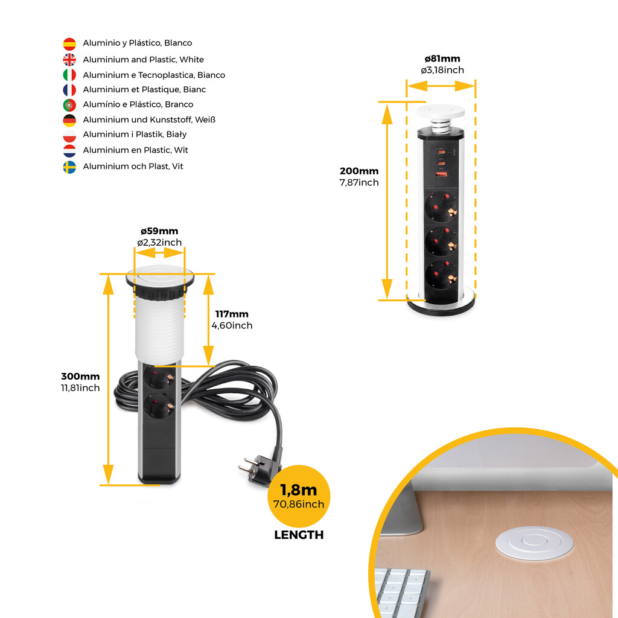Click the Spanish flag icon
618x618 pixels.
pyautogui.click(x=69, y=43)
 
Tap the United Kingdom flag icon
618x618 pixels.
pyautogui.click(x=69, y=60)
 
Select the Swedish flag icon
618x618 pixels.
pyautogui.click(x=69, y=167)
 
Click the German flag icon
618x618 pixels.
pyautogui.click(x=69, y=121)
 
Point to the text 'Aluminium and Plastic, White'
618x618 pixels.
pyautogui.click(x=144, y=60)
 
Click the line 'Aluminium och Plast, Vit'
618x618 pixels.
pyautogui.click(x=133, y=167)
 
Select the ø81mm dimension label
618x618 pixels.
pyautogui.click(x=442, y=59)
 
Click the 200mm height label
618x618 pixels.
pyautogui.click(x=359, y=171)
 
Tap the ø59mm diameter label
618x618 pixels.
pyautogui.click(x=159, y=231)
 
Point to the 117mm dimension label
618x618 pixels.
pyautogui.click(x=232, y=314)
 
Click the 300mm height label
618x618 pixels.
pyautogui.click(x=80, y=377)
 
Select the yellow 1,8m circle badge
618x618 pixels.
pyautogui.click(x=299, y=496)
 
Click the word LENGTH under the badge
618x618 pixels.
pyautogui.click(x=299, y=535)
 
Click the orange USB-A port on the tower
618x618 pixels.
pyautogui.click(x=441, y=174)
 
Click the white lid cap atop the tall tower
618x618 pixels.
pyautogui.click(x=441, y=112)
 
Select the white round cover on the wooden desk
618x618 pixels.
pyautogui.click(x=535, y=543)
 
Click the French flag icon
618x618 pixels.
pyautogui.click(x=69, y=91)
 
